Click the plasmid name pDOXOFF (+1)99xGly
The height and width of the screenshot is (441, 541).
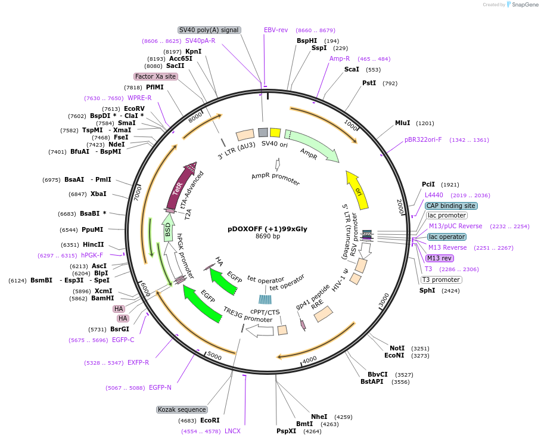[x=268, y=228]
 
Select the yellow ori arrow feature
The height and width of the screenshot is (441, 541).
[x=357, y=191]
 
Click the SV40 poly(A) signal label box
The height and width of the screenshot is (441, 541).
[x=209, y=30]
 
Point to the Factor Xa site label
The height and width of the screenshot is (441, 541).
[x=156, y=76]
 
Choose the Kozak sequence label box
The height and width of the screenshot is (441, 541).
[x=182, y=409]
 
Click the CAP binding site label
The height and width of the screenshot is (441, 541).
[x=450, y=205]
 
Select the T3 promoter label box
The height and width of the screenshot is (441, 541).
[x=441, y=279]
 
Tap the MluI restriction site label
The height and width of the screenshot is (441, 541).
[x=403, y=123]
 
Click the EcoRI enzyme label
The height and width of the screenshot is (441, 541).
[x=210, y=420]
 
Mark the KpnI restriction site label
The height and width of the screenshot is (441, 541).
[x=194, y=51]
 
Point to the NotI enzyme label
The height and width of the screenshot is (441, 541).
[x=397, y=347]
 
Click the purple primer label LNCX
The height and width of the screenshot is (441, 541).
[x=232, y=431]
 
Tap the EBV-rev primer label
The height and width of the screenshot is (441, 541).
[x=276, y=30]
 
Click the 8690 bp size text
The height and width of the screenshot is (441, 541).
[x=268, y=236]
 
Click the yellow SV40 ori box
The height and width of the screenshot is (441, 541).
[x=275, y=132]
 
